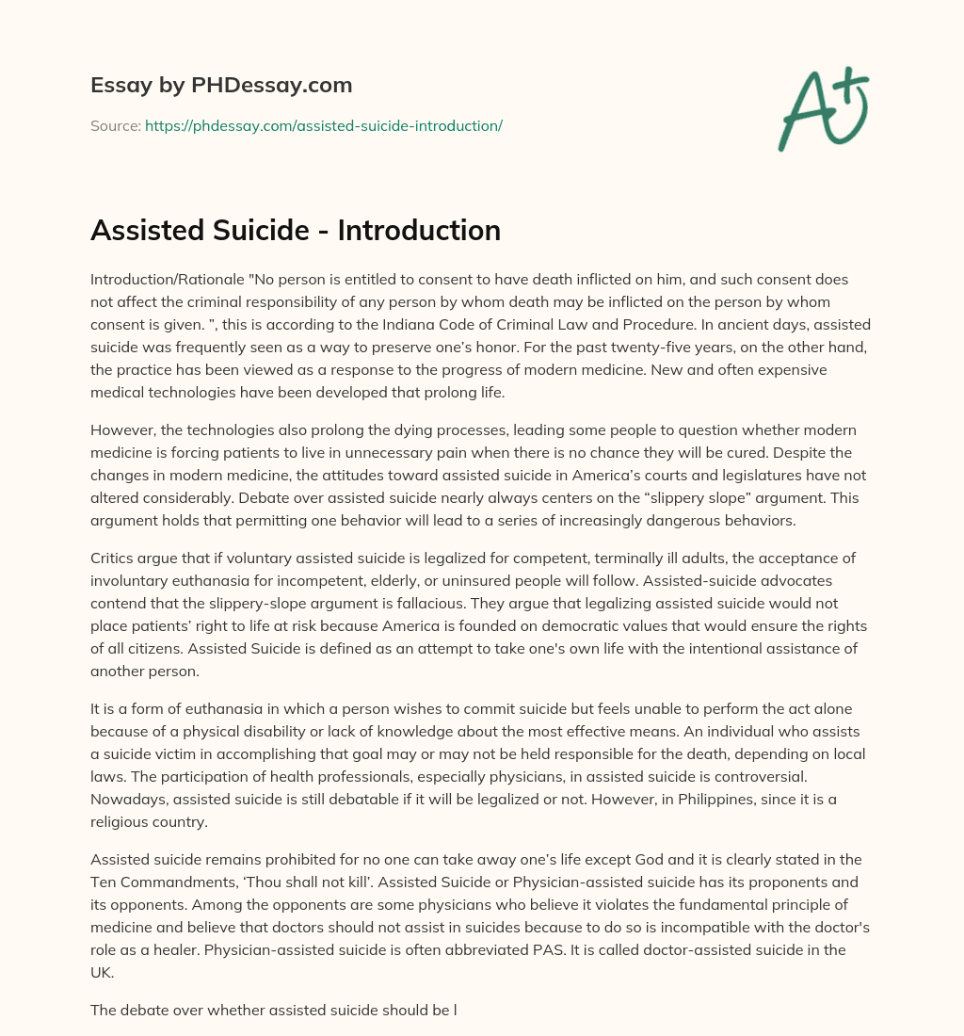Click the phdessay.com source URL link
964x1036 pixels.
pos(324,125)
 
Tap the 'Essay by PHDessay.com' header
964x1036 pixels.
pos(221,86)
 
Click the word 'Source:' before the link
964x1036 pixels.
pos(115,125)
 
